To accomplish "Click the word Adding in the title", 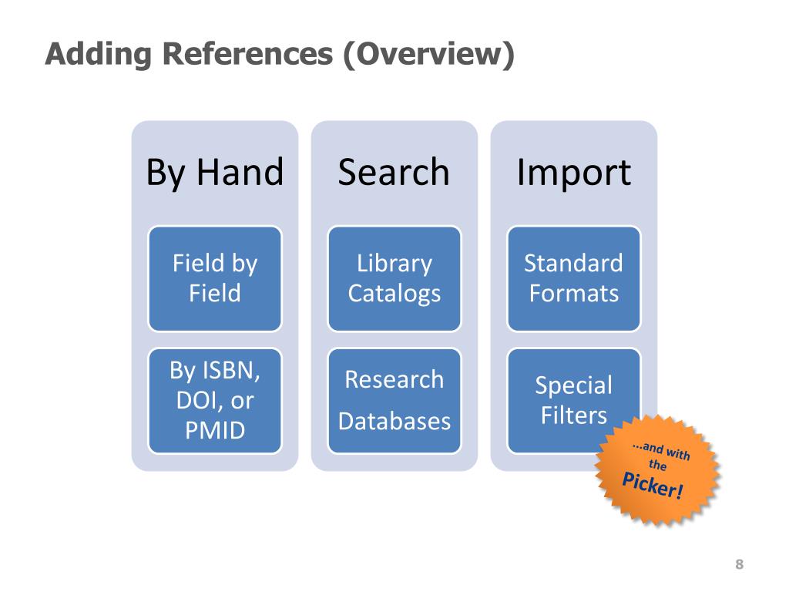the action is pyautogui.click(x=99, y=54).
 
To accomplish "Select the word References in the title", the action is pyautogui.click(x=247, y=53).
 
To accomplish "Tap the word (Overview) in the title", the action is pyautogui.click(x=428, y=54).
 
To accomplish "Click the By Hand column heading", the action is pyautogui.click(x=215, y=173).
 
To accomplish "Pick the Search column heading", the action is pyautogui.click(x=394, y=172).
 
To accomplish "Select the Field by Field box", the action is pyautogui.click(x=215, y=278).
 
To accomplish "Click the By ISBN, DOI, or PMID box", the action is pyautogui.click(x=215, y=401).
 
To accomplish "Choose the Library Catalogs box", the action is pyautogui.click(x=394, y=278).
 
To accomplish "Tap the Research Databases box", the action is pyautogui.click(x=394, y=401).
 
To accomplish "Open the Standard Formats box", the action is pyautogui.click(x=574, y=278).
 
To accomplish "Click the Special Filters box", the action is pyautogui.click(x=574, y=401).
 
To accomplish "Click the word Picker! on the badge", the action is pyautogui.click(x=653, y=486).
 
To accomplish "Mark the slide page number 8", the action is pyautogui.click(x=739, y=564).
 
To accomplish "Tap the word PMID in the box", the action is pyautogui.click(x=215, y=430).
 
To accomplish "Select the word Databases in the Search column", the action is pyautogui.click(x=394, y=422).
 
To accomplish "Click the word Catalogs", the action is pyautogui.click(x=394, y=294).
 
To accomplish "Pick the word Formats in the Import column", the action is pyautogui.click(x=574, y=294).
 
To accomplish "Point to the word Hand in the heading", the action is pyautogui.click(x=240, y=172).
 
